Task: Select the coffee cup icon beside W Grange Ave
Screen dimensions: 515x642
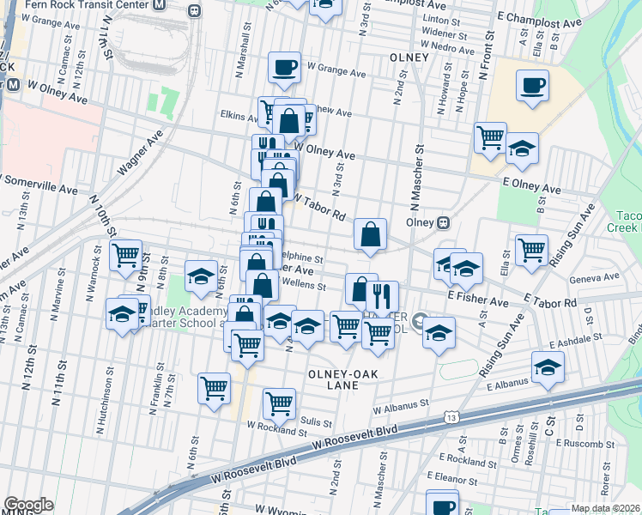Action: click(x=285, y=67)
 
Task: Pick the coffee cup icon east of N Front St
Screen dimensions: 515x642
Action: click(x=532, y=86)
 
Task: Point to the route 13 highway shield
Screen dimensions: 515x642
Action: click(x=451, y=416)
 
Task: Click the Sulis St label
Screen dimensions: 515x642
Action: click(x=315, y=421)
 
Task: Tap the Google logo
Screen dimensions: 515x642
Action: click(x=28, y=505)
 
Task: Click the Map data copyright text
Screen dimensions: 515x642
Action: click(x=604, y=508)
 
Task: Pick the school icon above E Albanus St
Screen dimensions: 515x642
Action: click(x=548, y=367)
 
